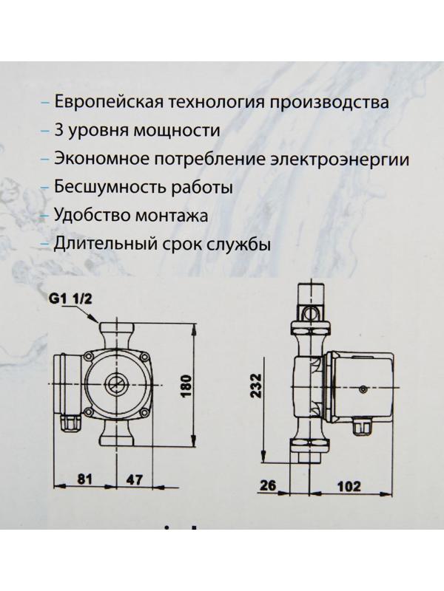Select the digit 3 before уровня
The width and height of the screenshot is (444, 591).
[x=60, y=130]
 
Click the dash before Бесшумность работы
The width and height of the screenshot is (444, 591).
[x=47, y=188]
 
